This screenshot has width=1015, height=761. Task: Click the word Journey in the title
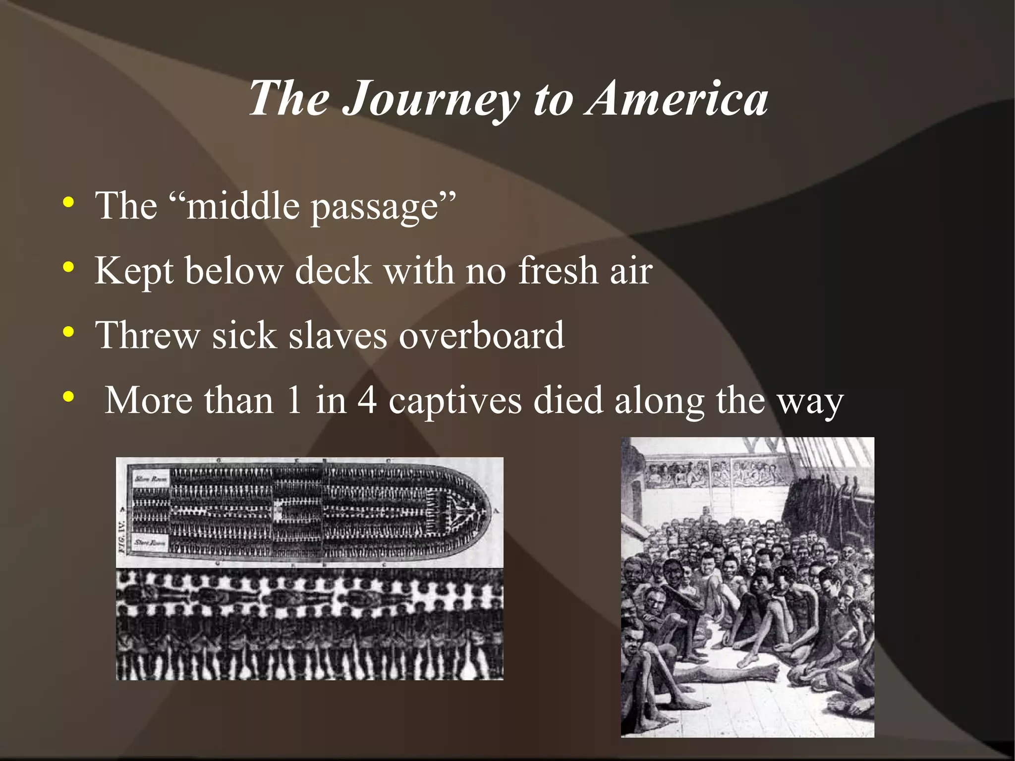[430, 99]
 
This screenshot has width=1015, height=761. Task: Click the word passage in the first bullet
[375, 207]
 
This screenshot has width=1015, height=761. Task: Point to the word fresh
[558, 271]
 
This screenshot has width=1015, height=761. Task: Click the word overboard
[481, 336]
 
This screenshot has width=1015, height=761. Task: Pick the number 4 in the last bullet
[367, 400]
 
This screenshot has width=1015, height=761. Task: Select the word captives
[454, 401]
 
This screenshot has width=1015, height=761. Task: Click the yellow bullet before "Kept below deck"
[68, 268]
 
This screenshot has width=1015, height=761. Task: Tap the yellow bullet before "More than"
[68, 397]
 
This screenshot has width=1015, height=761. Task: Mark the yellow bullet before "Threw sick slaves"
[68, 332]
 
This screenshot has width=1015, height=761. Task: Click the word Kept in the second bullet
[134, 272]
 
